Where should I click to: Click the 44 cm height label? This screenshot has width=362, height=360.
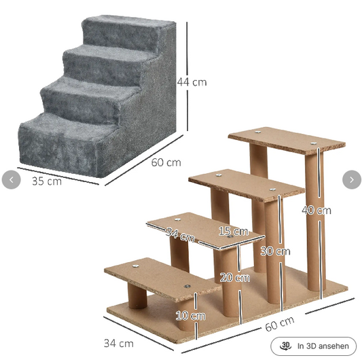pos(192,82)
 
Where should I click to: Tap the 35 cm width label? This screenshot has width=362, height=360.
pos(47,181)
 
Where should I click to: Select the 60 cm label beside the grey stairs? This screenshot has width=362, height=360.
pos(166,162)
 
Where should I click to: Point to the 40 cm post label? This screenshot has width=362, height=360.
pos(316,211)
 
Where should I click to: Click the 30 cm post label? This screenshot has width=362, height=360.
pos(275,251)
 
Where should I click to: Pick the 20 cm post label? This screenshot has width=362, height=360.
pos(235,277)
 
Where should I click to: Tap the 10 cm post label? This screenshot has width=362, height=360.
pos(191,316)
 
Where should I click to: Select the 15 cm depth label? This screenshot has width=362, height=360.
pos(234,231)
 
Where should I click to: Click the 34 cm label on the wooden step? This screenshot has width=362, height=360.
pos(180,234)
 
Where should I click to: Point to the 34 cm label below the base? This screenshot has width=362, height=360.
pos(119,344)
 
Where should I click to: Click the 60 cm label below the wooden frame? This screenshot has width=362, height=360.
pos(280,323)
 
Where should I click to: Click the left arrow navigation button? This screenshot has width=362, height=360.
pos(11,179)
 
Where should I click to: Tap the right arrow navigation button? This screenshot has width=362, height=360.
pos(352,179)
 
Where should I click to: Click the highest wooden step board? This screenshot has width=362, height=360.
pos(287,141)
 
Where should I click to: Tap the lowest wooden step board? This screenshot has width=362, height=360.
pos(162,279)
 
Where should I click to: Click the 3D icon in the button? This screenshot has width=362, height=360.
pos(286,346)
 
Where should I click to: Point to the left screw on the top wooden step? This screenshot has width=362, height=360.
pos(257,132)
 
